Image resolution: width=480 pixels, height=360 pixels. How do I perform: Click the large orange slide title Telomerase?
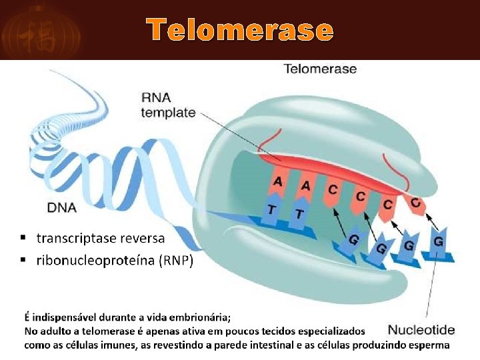[x=240, y=30]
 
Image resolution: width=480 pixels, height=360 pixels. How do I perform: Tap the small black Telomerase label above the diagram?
[x=320, y=69]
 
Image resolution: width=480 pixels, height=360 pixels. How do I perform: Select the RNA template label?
[x=168, y=105]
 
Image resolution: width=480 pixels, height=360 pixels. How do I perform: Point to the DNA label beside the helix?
[x=61, y=207]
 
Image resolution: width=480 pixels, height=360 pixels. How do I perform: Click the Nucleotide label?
[x=421, y=329]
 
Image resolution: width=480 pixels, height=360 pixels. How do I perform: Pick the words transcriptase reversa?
[x=101, y=238]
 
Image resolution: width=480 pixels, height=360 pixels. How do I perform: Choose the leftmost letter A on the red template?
[x=278, y=181]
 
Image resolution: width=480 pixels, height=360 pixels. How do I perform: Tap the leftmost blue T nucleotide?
[x=271, y=209]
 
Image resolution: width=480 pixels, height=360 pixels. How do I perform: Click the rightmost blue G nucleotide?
[x=438, y=241]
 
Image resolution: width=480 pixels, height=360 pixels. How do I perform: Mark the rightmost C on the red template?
[x=415, y=202]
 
